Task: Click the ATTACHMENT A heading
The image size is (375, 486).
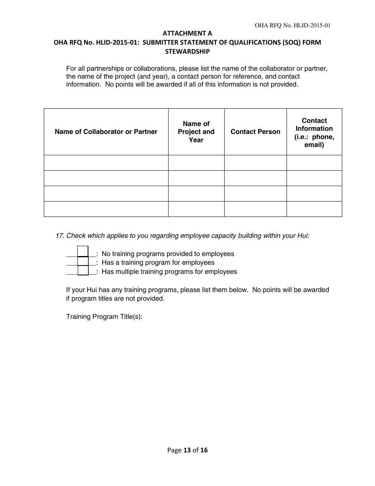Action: (x=187, y=34)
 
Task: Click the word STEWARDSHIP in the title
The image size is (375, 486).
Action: (x=187, y=51)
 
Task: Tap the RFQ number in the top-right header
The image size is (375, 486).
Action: (x=292, y=25)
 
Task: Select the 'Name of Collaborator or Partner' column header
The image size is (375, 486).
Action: (x=106, y=132)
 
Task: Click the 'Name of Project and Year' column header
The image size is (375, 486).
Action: (x=196, y=132)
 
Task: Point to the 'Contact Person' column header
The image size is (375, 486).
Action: (x=255, y=132)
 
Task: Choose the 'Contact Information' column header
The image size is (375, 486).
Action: (x=314, y=132)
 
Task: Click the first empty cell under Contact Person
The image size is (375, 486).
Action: (x=255, y=163)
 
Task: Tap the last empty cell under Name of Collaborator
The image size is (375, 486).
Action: (x=106, y=209)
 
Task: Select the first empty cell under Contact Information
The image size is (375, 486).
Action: (x=314, y=163)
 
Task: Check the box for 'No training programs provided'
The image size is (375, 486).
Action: (x=83, y=251)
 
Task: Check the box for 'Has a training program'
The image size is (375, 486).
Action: (x=83, y=261)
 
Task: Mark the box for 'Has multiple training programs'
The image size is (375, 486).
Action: (x=83, y=271)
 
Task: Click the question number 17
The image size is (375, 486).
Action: (x=60, y=236)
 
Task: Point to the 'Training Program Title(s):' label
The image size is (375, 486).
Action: (x=104, y=317)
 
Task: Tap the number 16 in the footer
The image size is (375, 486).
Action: (x=204, y=450)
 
